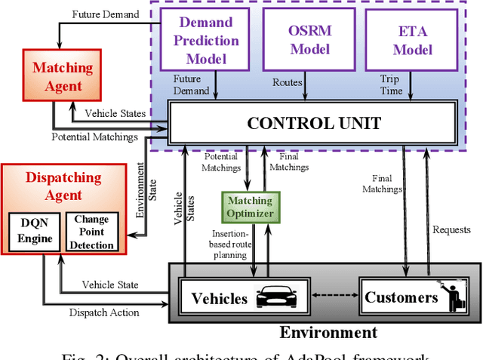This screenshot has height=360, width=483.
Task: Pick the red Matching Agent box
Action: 63,77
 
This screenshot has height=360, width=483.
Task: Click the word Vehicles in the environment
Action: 220,298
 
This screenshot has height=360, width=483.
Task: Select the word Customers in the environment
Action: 401,297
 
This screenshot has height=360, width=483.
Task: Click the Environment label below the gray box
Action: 328,332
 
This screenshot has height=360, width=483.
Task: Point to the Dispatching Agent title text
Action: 63,186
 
